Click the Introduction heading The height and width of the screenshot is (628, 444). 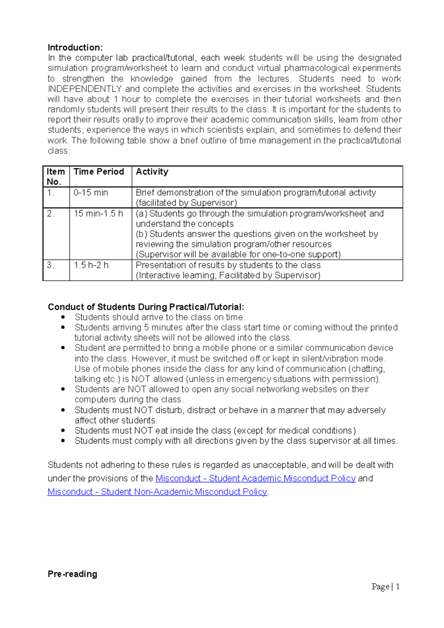click(75, 47)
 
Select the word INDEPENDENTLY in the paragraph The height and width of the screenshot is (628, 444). click(85, 89)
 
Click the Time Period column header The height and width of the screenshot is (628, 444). click(98, 172)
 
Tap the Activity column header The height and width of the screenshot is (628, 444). click(152, 172)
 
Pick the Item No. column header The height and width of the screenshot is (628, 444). click(55, 176)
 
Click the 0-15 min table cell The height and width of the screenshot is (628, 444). click(91, 193)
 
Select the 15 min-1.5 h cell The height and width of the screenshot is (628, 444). click(98, 214)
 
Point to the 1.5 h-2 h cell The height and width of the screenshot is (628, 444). click(91, 265)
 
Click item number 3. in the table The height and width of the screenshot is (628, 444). click(51, 265)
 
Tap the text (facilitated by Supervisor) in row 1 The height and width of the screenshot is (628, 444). click(186, 203)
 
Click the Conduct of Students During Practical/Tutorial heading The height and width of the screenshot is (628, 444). click(146, 307)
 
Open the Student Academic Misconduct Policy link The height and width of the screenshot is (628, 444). click(255, 478)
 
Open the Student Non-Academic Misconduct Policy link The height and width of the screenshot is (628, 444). click(157, 492)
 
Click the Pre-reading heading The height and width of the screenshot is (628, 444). click(73, 574)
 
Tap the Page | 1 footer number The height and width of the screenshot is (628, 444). click(386, 587)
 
